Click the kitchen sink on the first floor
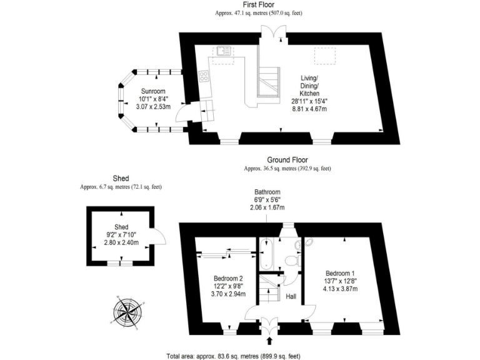222,51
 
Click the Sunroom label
152,91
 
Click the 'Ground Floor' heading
287,160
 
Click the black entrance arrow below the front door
269,341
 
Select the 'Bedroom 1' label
340,273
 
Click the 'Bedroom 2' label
228,279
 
